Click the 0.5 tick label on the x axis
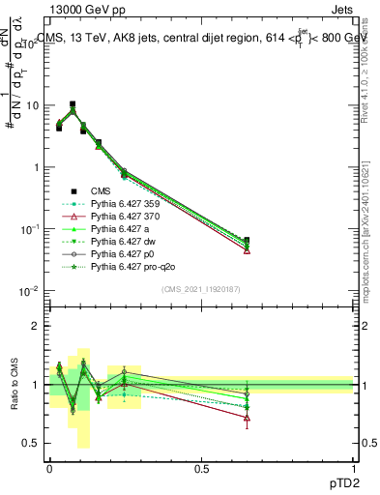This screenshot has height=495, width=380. [x=201, y=467]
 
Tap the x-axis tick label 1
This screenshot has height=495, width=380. [x=354, y=467]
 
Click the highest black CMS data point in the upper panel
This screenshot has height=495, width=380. [x=72, y=104]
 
